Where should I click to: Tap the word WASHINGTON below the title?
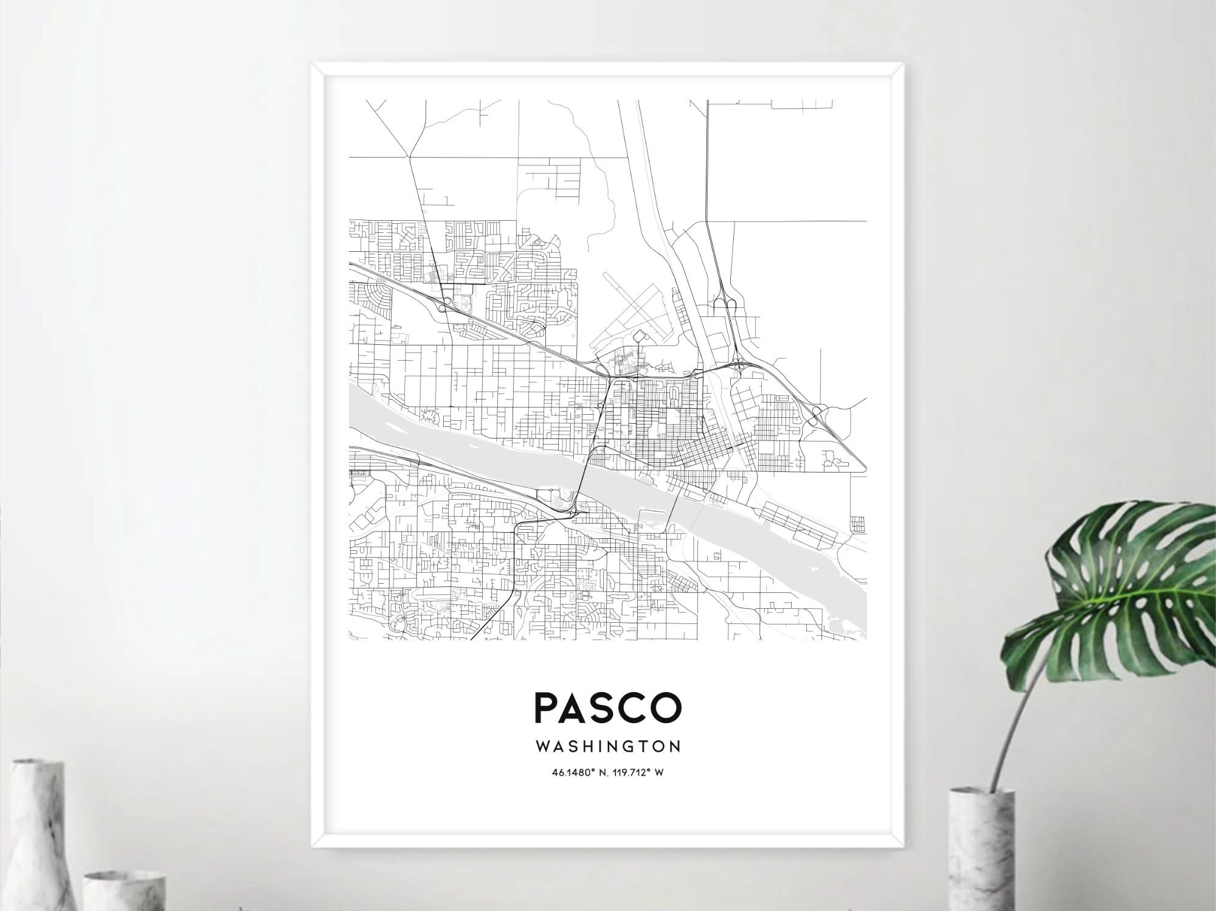[x=608, y=746]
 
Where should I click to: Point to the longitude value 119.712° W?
[x=640, y=773]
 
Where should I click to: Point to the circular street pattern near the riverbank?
[x=431, y=417]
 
